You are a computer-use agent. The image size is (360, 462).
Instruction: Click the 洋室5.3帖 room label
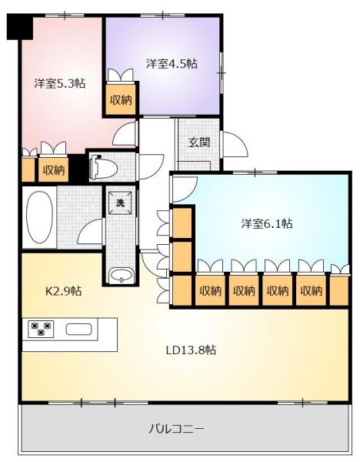(x=60, y=84)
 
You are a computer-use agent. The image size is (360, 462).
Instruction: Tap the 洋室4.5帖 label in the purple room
(x=172, y=64)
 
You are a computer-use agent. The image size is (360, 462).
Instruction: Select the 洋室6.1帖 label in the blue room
(x=267, y=224)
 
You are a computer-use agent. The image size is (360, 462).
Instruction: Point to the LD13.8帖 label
(x=191, y=350)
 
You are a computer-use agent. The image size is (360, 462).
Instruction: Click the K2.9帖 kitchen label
(x=64, y=291)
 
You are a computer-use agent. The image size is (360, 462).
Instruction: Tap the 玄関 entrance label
(x=199, y=142)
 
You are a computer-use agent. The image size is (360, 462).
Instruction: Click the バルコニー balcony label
(x=176, y=429)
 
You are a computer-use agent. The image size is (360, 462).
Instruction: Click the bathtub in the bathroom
(x=39, y=217)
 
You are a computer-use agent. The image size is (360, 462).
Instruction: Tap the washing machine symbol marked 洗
(x=120, y=203)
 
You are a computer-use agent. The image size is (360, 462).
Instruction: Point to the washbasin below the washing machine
(x=121, y=276)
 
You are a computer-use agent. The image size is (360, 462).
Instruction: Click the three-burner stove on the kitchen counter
(x=42, y=329)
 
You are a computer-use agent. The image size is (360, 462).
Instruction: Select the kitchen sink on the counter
(x=78, y=329)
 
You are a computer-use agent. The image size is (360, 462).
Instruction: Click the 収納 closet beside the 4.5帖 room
(x=121, y=100)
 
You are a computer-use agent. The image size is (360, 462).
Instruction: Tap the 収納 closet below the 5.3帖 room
(x=54, y=170)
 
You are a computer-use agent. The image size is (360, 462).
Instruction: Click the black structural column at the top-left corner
(x=20, y=26)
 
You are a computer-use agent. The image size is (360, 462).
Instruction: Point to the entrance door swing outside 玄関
(x=235, y=145)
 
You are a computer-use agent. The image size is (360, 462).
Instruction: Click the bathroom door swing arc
(x=92, y=232)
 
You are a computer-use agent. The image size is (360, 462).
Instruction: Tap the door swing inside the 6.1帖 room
(x=185, y=189)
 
